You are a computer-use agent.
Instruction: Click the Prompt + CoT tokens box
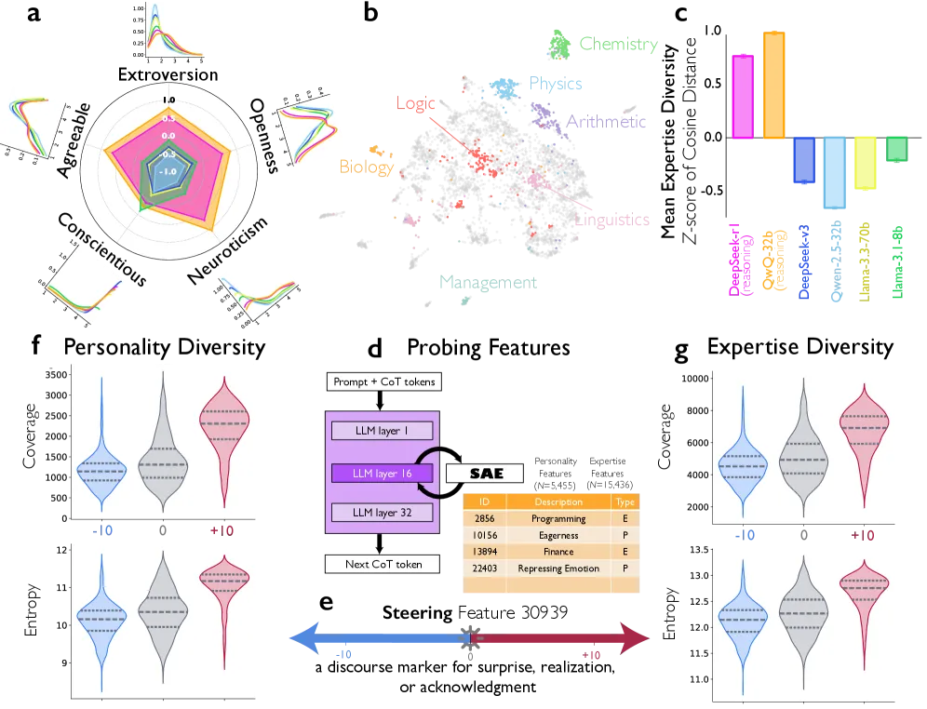(x=383, y=381)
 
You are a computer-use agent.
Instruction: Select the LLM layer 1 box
(x=382, y=431)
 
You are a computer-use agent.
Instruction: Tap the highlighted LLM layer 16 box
(x=382, y=474)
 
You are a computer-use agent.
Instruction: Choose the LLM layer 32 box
(x=382, y=513)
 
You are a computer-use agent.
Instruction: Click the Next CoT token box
(x=382, y=564)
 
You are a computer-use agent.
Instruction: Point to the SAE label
(x=486, y=474)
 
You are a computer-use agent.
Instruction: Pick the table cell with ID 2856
(x=484, y=518)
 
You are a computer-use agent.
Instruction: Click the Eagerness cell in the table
(x=558, y=535)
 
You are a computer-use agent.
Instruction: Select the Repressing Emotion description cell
(x=558, y=569)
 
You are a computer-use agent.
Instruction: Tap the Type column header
(x=625, y=502)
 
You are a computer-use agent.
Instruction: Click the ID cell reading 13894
(x=484, y=552)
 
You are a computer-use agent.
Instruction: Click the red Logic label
(x=415, y=102)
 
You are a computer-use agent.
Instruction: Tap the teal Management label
(x=490, y=281)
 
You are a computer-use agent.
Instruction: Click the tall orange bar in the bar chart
(x=774, y=86)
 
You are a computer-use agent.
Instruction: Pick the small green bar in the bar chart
(x=896, y=149)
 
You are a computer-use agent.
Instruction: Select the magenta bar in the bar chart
(x=742, y=96)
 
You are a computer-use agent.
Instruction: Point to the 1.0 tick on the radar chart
(x=168, y=100)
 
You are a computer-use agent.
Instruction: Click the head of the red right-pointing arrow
(x=637, y=638)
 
